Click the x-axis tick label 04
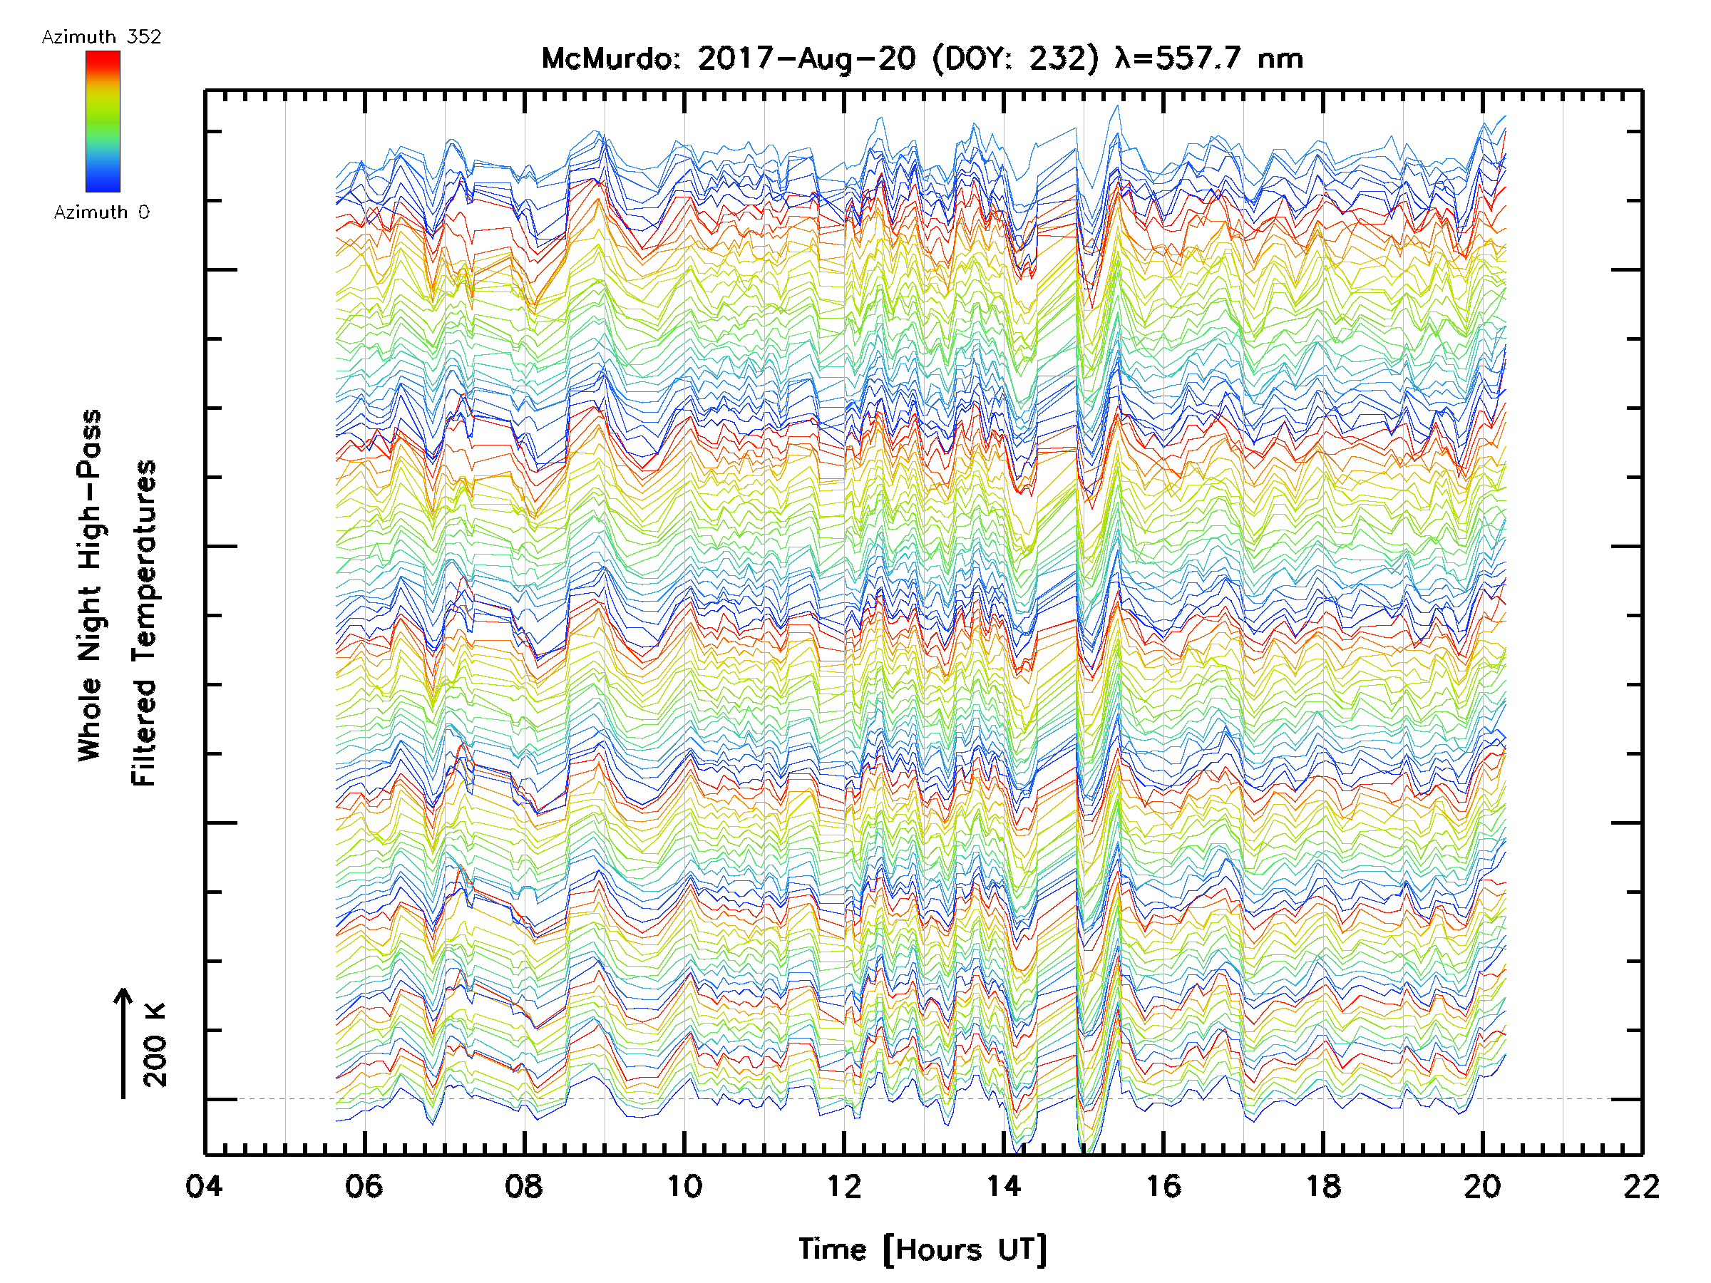pyautogui.click(x=204, y=1186)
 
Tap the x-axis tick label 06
pyautogui.click(x=364, y=1186)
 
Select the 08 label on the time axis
pyautogui.click(x=524, y=1186)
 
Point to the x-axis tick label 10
pyautogui.click(x=684, y=1186)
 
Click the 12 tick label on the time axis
pyautogui.click(x=843, y=1186)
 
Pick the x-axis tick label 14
pyautogui.click(x=1003, y=1186)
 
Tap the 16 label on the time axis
pyautogui.click(x=1163, y=1186)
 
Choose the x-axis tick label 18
pyautogui.click(x=1322, y=1186)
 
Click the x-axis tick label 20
pyautogui.click(x=1482, y=1186)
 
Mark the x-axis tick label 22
pyautogui.click(x=1641, y=1186)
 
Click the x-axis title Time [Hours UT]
pyautogui.click(x=922, y=1250)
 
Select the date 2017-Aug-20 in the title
pyautogui.click(x=806, y=58)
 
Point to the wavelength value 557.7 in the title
pyautogui.click(x=1201, y=58)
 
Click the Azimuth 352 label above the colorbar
pyautogui.click(x=101, y=37)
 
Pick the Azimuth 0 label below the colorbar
pyautogui.click(x=101, y=212)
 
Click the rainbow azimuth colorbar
pyautogui.click(x=103, y=121)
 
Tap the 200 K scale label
pyautogui.click(x=155, y=1045)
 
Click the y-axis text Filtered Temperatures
pyautogui.click(x=144, y=622)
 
